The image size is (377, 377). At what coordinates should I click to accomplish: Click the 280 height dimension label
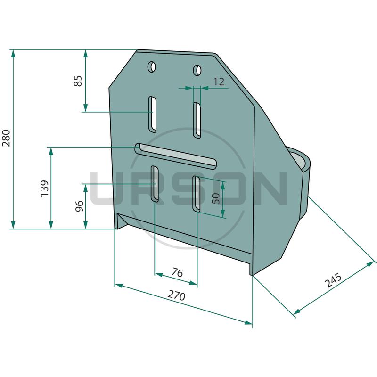point(6,138)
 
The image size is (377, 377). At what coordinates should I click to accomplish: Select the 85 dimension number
point(78,81)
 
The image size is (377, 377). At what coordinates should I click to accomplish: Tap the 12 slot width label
point(219,82)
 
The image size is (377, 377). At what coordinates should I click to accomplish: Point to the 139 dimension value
point(44,188)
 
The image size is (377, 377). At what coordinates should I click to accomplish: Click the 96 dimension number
point(79,206)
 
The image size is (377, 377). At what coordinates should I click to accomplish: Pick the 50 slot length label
point(216,198)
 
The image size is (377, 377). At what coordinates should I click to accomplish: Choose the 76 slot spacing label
point(177,273)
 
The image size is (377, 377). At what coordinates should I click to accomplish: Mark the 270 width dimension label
point(176,295)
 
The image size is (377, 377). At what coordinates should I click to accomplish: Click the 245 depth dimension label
point(333,280)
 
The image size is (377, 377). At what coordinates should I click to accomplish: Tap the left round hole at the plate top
point(152,67)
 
